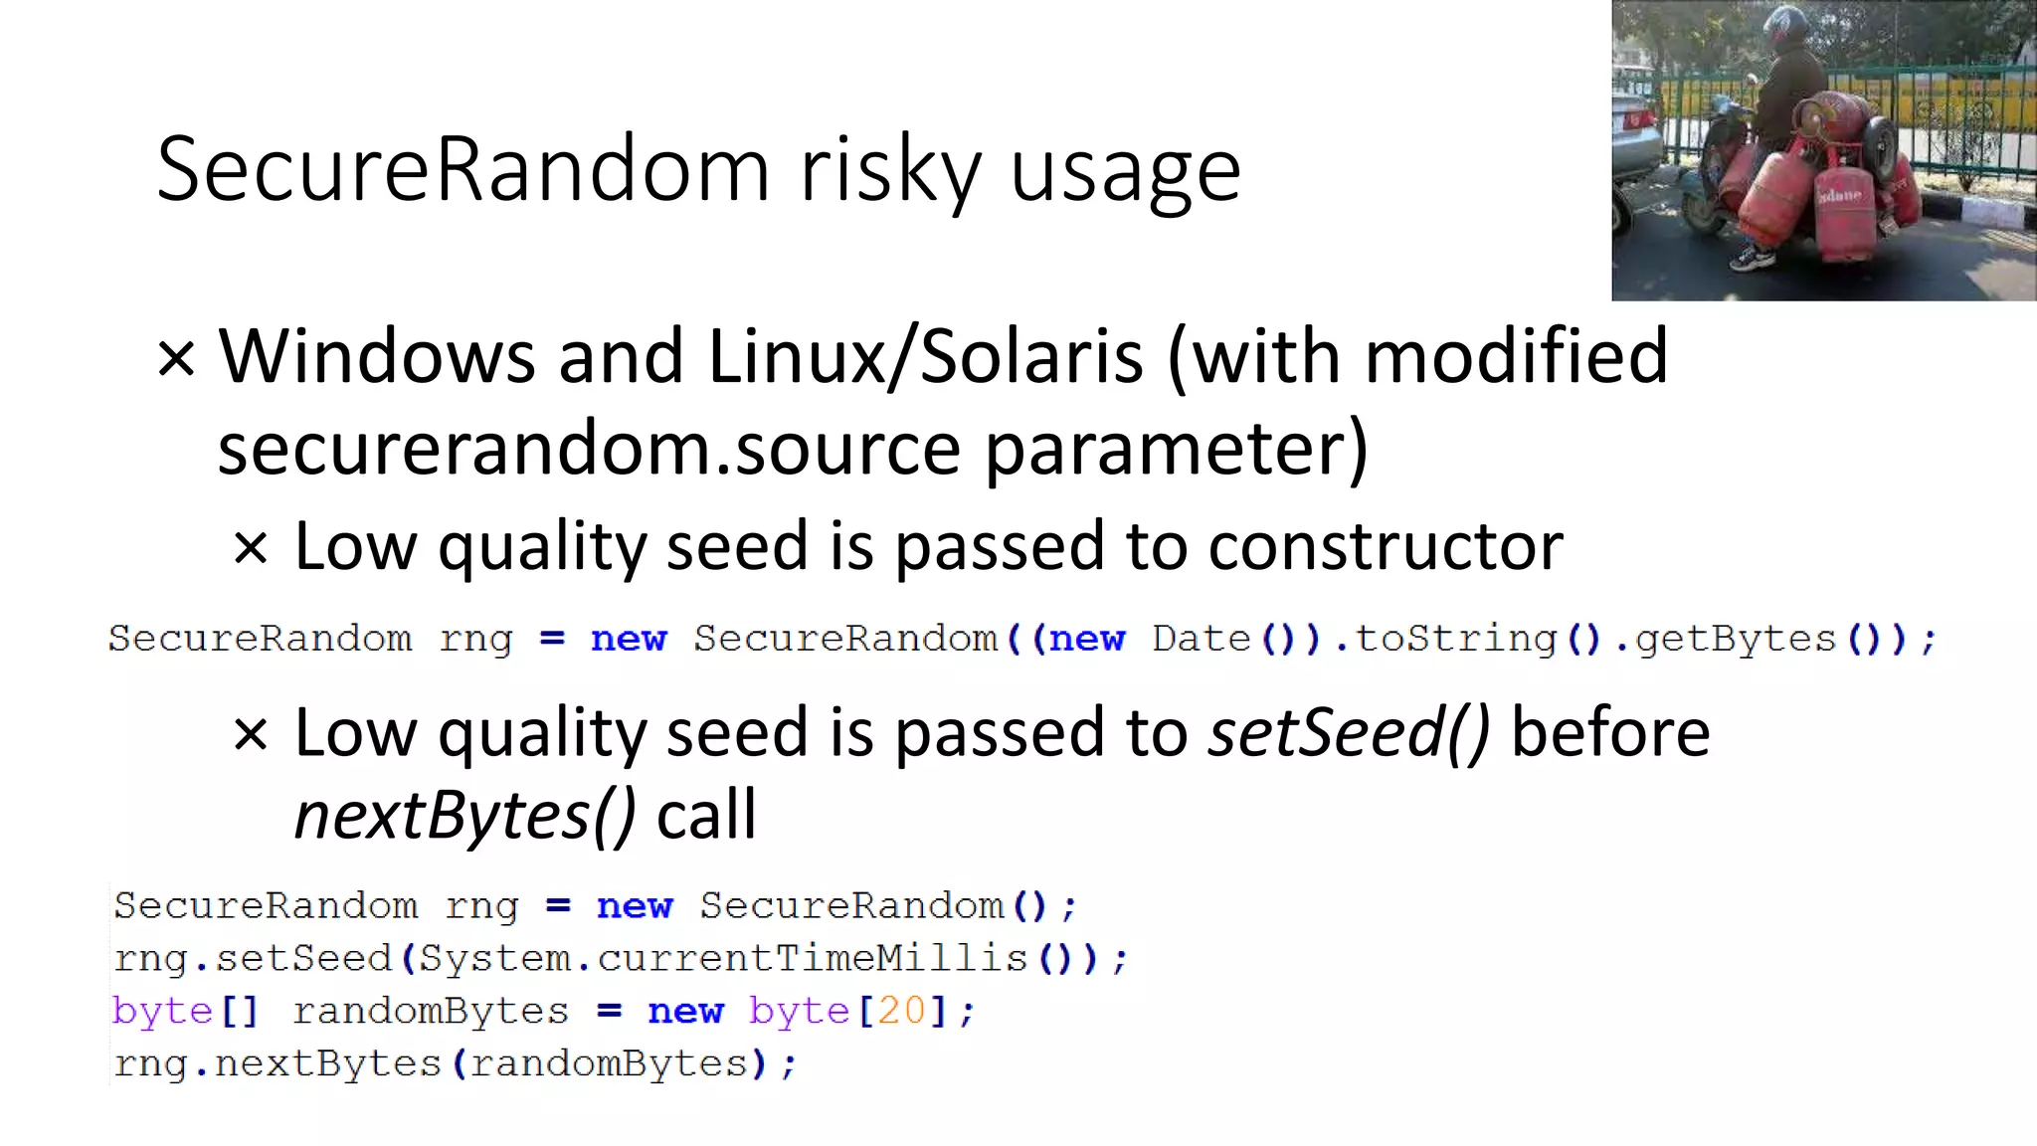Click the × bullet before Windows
pos(176,358)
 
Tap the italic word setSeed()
pos(1348,733)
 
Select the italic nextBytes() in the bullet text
pos(464,816)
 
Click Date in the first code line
pos(1201,639)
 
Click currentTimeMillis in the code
pos(812,958)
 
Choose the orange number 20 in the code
pos(901,1011)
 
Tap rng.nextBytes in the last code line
pos(278,1063)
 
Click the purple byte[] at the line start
pos(185,1011)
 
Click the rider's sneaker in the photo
pos(1753,260)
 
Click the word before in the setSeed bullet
pos(1610,733)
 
